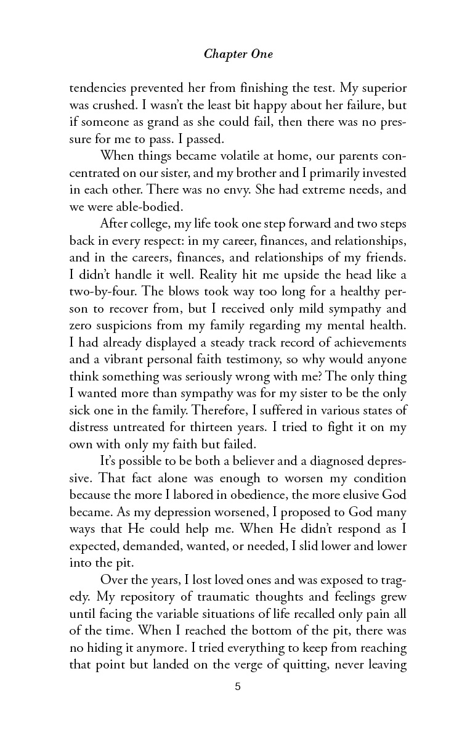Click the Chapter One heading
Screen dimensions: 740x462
pos(238,55)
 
